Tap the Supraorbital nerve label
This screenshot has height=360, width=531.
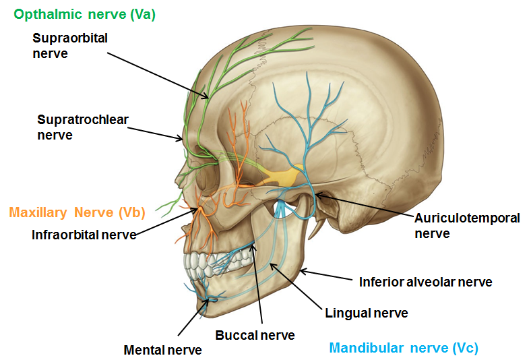(x=70, y=45)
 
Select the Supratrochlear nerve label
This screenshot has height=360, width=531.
(x=83, y=127)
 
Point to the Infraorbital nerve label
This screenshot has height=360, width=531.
(x=84, y=235)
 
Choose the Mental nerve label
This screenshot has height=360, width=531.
(x=162, y=350)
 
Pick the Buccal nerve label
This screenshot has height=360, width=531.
(x=255, y=334)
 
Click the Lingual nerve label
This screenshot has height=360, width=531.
(x=366, y=313)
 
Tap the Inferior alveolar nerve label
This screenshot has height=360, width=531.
(x=425, y=282)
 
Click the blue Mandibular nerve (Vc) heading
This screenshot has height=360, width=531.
(x=403, y=348)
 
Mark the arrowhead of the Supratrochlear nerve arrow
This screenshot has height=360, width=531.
(x=183, y=140)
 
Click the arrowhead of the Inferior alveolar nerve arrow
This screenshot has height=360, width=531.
(x=301, y=272)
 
